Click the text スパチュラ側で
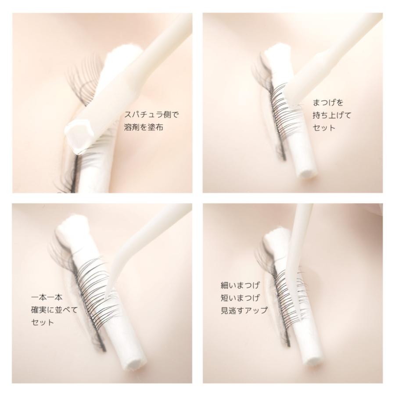coord(152,115)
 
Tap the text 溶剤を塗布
coord(144,127)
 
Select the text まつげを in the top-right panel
coord(328,103)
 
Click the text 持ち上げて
coord(332,115)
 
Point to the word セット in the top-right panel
coord(324,128)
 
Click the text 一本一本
coord(47,298)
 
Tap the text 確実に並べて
coord(54,310)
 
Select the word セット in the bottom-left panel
coord(43,323)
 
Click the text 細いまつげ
coord(240,285)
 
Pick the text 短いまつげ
coord(240,298)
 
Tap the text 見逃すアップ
coord(244,310)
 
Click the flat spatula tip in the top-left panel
coord(76,137)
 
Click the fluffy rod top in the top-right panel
coord(276,52)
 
